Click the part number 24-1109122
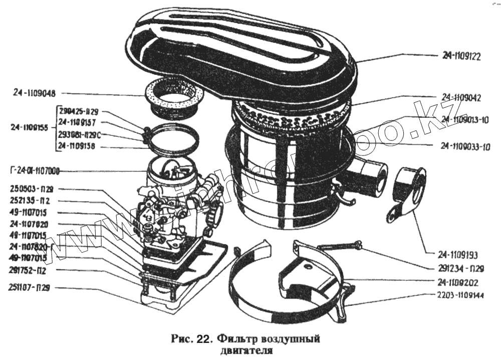(461, 56)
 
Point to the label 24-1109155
(30, 128)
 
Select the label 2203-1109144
(460, 296)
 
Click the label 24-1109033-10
(465, 146)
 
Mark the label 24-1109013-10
(465, 119)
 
